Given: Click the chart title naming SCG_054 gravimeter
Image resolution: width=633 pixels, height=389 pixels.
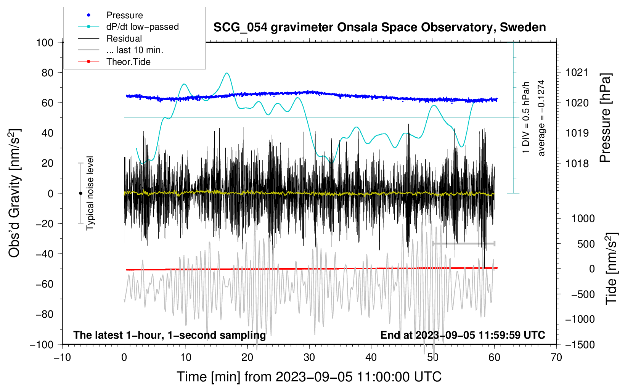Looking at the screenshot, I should point(379,27).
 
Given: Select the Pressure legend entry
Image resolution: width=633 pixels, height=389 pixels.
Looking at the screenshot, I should point(124,15).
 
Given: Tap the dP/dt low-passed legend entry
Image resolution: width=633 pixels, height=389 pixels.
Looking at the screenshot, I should point(142,27).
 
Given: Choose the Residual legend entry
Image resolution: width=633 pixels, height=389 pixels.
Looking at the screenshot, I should point(124,39).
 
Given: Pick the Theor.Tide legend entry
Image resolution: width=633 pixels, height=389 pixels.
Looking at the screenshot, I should point(128,62).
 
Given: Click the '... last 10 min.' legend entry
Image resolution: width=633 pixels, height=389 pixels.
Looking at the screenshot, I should point(135,50).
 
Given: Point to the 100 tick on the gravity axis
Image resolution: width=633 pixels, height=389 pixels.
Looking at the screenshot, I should point(45,42).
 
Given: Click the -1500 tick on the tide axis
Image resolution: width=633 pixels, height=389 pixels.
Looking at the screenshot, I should point(580,344).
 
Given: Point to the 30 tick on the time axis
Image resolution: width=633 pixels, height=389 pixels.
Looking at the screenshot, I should point(309,357).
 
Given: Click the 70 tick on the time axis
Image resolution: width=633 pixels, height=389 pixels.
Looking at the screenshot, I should point(556,357).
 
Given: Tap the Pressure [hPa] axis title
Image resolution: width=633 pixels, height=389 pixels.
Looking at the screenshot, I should point(605,118).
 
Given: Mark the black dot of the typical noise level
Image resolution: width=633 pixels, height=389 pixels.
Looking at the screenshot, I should point(80,193).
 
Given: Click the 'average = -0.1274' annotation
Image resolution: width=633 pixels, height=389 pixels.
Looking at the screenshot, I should point(541,118).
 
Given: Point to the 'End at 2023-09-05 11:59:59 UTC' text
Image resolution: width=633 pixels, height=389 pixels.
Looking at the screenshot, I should point(463,335).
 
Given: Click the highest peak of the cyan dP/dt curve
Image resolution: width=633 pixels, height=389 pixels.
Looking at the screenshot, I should point(227,73).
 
